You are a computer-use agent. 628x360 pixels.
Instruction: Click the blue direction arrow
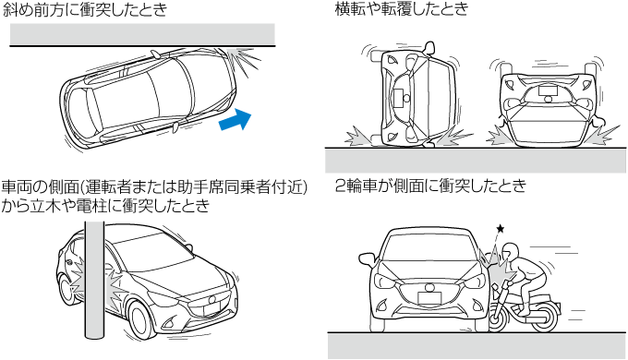point(236,119)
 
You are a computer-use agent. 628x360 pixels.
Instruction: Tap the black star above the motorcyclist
point(501,229)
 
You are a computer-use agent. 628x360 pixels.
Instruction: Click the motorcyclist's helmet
point(510,251)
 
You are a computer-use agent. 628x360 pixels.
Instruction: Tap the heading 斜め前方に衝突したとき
point(85,9)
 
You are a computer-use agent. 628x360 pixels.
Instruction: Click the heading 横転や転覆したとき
point(402,8)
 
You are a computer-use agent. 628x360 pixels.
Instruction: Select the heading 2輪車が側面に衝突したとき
point(430,186)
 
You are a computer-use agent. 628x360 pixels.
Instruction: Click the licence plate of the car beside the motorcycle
point(429,298)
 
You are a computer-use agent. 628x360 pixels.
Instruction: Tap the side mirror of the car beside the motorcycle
point(368,260)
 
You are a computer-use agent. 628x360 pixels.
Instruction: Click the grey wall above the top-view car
point(142,34)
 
